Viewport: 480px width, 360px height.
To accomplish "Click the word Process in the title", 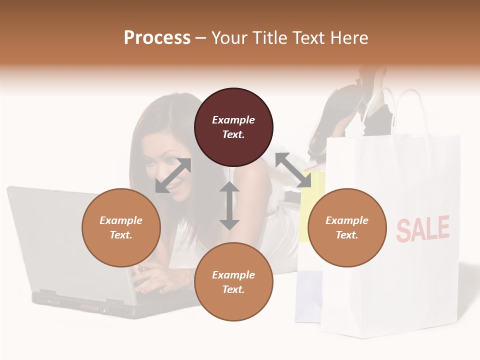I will tap(157, 38).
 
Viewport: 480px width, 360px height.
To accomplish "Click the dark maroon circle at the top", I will tap(233, 127).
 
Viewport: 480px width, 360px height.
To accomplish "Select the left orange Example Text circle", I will tap(121, 228).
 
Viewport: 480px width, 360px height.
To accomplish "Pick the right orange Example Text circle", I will tap(347, 228).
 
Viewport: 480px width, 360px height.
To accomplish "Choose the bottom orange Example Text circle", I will tap(233, 282).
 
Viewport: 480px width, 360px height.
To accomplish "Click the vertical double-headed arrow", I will tap(229, 205).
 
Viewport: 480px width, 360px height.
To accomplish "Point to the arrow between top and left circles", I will tap(173, 175).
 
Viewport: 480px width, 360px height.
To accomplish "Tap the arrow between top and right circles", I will tap(293, 170).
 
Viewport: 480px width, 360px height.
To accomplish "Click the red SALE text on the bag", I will tap(423, 228).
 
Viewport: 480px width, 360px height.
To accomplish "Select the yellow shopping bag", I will tap(306, 210).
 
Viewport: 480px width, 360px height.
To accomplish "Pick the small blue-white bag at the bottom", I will tap(306, 295).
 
